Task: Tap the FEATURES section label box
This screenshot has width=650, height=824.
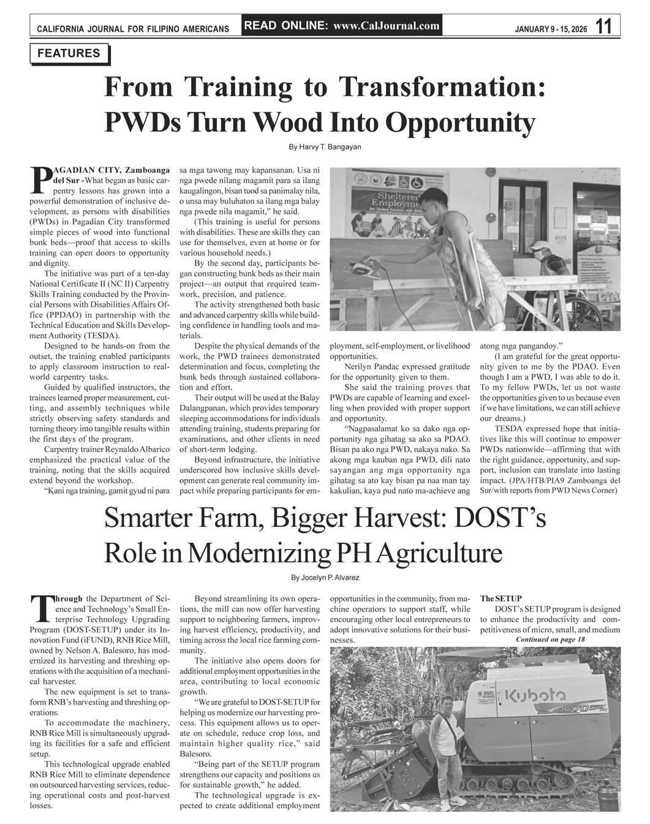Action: coord(69,53)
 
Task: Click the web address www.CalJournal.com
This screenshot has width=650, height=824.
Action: coord(387,26)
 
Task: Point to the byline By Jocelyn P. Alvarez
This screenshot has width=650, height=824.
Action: coord(325,578)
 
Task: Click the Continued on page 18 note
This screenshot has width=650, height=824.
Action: coord(551,640)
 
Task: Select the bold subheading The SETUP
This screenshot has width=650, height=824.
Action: coord(497,598)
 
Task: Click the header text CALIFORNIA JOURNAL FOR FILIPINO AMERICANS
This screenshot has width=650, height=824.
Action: coord(133,29)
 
